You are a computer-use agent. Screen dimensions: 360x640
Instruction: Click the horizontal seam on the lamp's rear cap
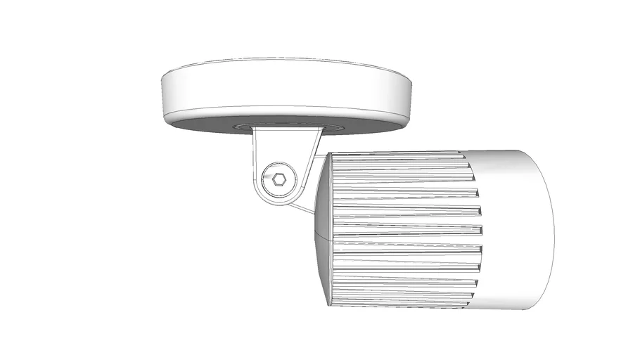pos(320,236)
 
